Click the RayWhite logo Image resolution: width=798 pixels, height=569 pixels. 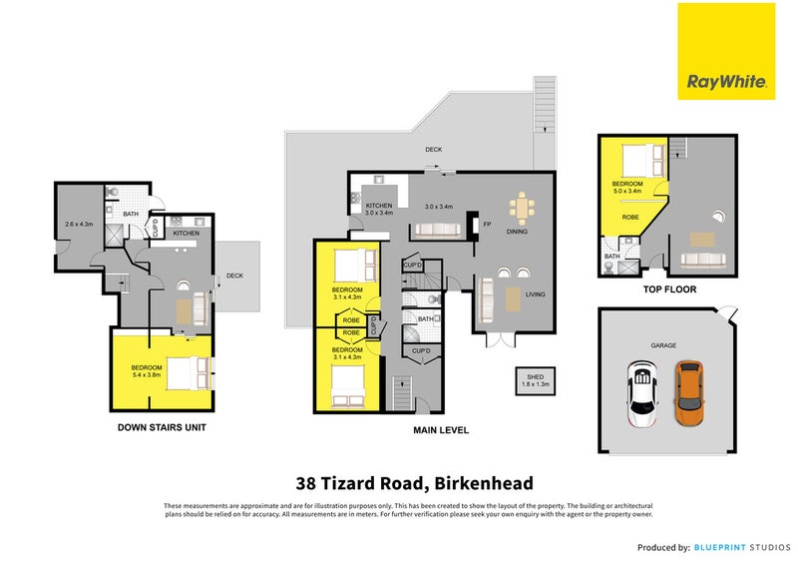[725, 51]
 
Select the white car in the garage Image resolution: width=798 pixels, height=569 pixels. [642, 391]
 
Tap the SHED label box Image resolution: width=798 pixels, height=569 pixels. [536, 379]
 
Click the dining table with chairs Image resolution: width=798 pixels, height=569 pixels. [522, 208]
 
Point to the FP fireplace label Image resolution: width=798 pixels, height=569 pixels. [488, 225]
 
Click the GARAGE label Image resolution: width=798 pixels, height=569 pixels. [663, 345]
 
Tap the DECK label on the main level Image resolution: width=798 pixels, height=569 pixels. [433, 150]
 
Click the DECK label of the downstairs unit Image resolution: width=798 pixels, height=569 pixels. [234, 277]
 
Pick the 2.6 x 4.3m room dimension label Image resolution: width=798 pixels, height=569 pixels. [79, 225]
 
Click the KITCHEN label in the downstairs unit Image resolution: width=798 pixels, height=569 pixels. [187, 233]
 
